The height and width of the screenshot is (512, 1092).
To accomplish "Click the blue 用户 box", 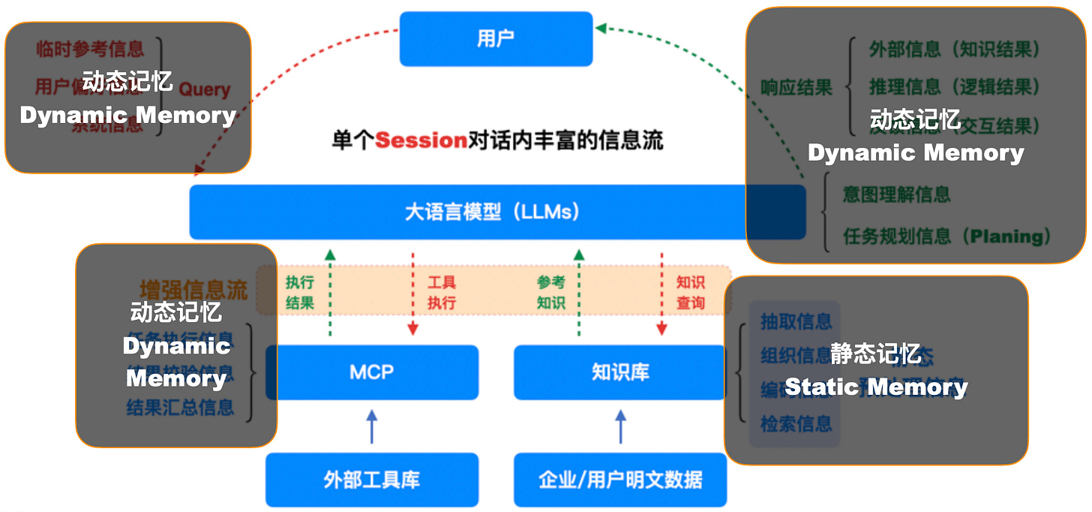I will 496,38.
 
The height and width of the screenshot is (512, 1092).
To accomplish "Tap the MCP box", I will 372,372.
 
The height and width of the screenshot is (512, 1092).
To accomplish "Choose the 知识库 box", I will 619,372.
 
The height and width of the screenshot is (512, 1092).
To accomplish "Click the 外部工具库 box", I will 372,480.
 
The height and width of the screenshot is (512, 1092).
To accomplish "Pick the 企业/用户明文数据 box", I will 620,480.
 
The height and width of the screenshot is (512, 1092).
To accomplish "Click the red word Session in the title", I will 421,140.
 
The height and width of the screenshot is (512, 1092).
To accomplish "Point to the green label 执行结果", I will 299,293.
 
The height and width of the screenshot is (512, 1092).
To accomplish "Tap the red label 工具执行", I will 442,293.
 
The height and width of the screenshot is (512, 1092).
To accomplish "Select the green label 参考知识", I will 550,293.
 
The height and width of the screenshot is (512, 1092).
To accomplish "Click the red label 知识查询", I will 690,293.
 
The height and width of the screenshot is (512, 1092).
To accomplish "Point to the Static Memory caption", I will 875,387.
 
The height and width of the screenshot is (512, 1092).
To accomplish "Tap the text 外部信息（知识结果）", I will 954,50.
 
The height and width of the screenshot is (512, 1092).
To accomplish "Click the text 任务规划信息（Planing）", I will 947,236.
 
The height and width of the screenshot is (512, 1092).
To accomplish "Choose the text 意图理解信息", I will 896,194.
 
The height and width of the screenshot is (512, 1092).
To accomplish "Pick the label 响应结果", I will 796,87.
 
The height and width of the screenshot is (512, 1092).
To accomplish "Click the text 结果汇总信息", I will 180,408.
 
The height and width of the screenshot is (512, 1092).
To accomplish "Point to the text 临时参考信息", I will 89,50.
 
